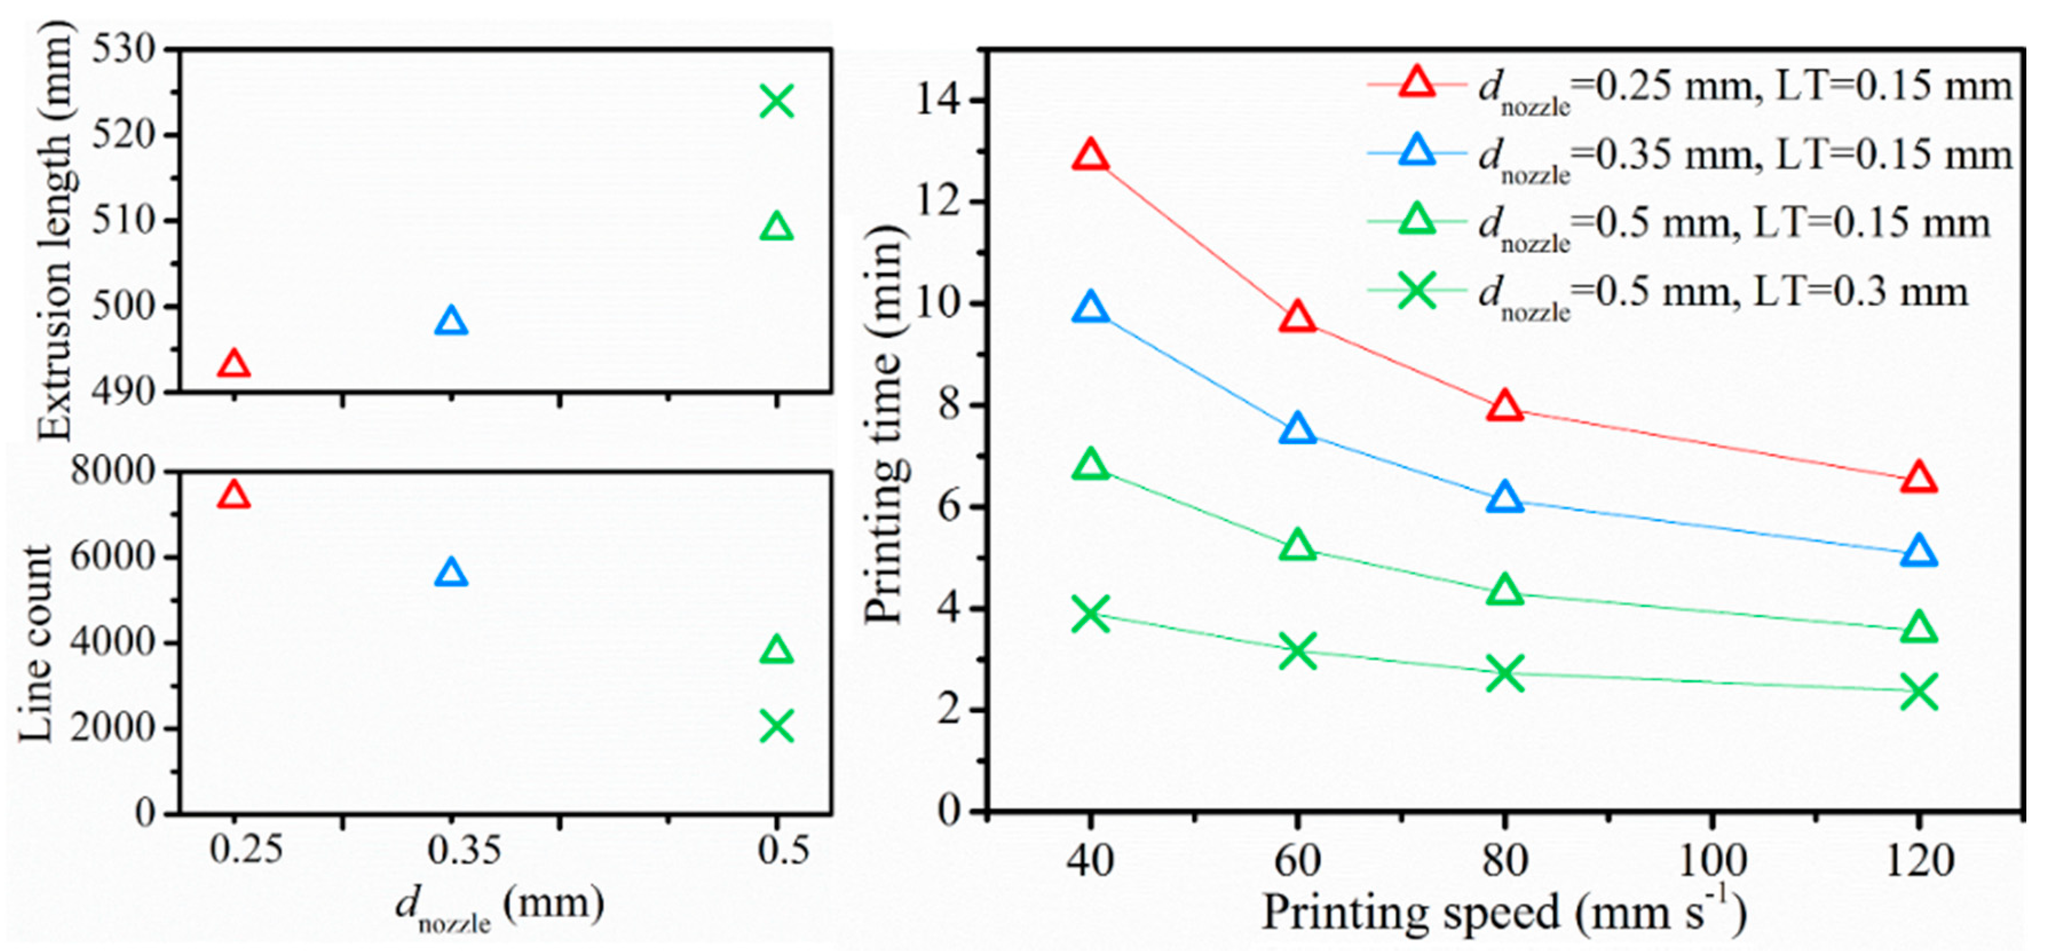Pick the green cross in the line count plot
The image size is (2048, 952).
[776, 726]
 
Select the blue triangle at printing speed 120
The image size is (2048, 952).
[1919, 552]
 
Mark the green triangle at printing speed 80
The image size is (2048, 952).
[1504, 591]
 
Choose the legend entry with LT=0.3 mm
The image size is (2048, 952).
[1670, 293]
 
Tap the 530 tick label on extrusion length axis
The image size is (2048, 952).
[123, 49]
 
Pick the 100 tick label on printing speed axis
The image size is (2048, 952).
[1710, 860]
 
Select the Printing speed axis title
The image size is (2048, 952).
[1503, 913]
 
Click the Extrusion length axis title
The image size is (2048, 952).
[54, 231]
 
